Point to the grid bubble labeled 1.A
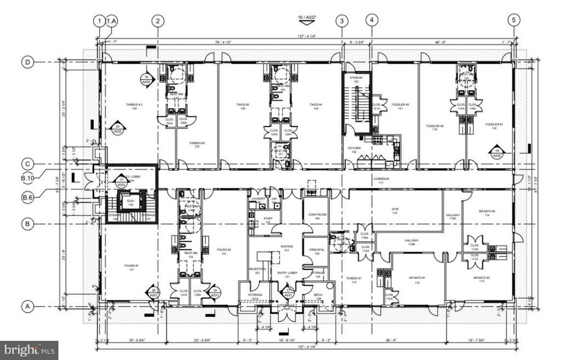[111, 21]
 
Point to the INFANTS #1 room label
[417, 278]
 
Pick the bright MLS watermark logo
[31, 348]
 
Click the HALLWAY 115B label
[412, 242]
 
